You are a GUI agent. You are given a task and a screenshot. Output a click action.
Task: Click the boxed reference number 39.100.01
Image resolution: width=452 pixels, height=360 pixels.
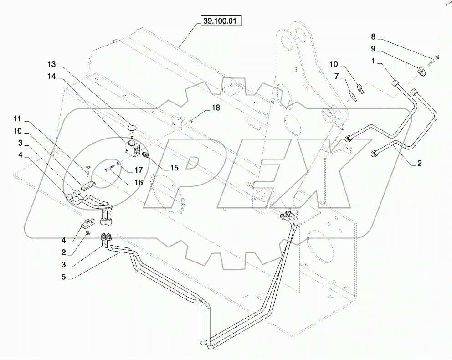point(220,21)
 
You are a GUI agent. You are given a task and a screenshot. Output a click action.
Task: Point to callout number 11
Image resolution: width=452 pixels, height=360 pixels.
point(17,119)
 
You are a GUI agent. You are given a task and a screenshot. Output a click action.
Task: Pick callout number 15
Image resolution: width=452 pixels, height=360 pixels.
point(175,168)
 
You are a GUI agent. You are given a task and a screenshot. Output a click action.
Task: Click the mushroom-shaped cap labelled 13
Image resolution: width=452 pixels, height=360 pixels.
point(133,124)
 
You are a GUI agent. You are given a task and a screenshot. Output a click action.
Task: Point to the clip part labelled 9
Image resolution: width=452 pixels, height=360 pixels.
point(423,70)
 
